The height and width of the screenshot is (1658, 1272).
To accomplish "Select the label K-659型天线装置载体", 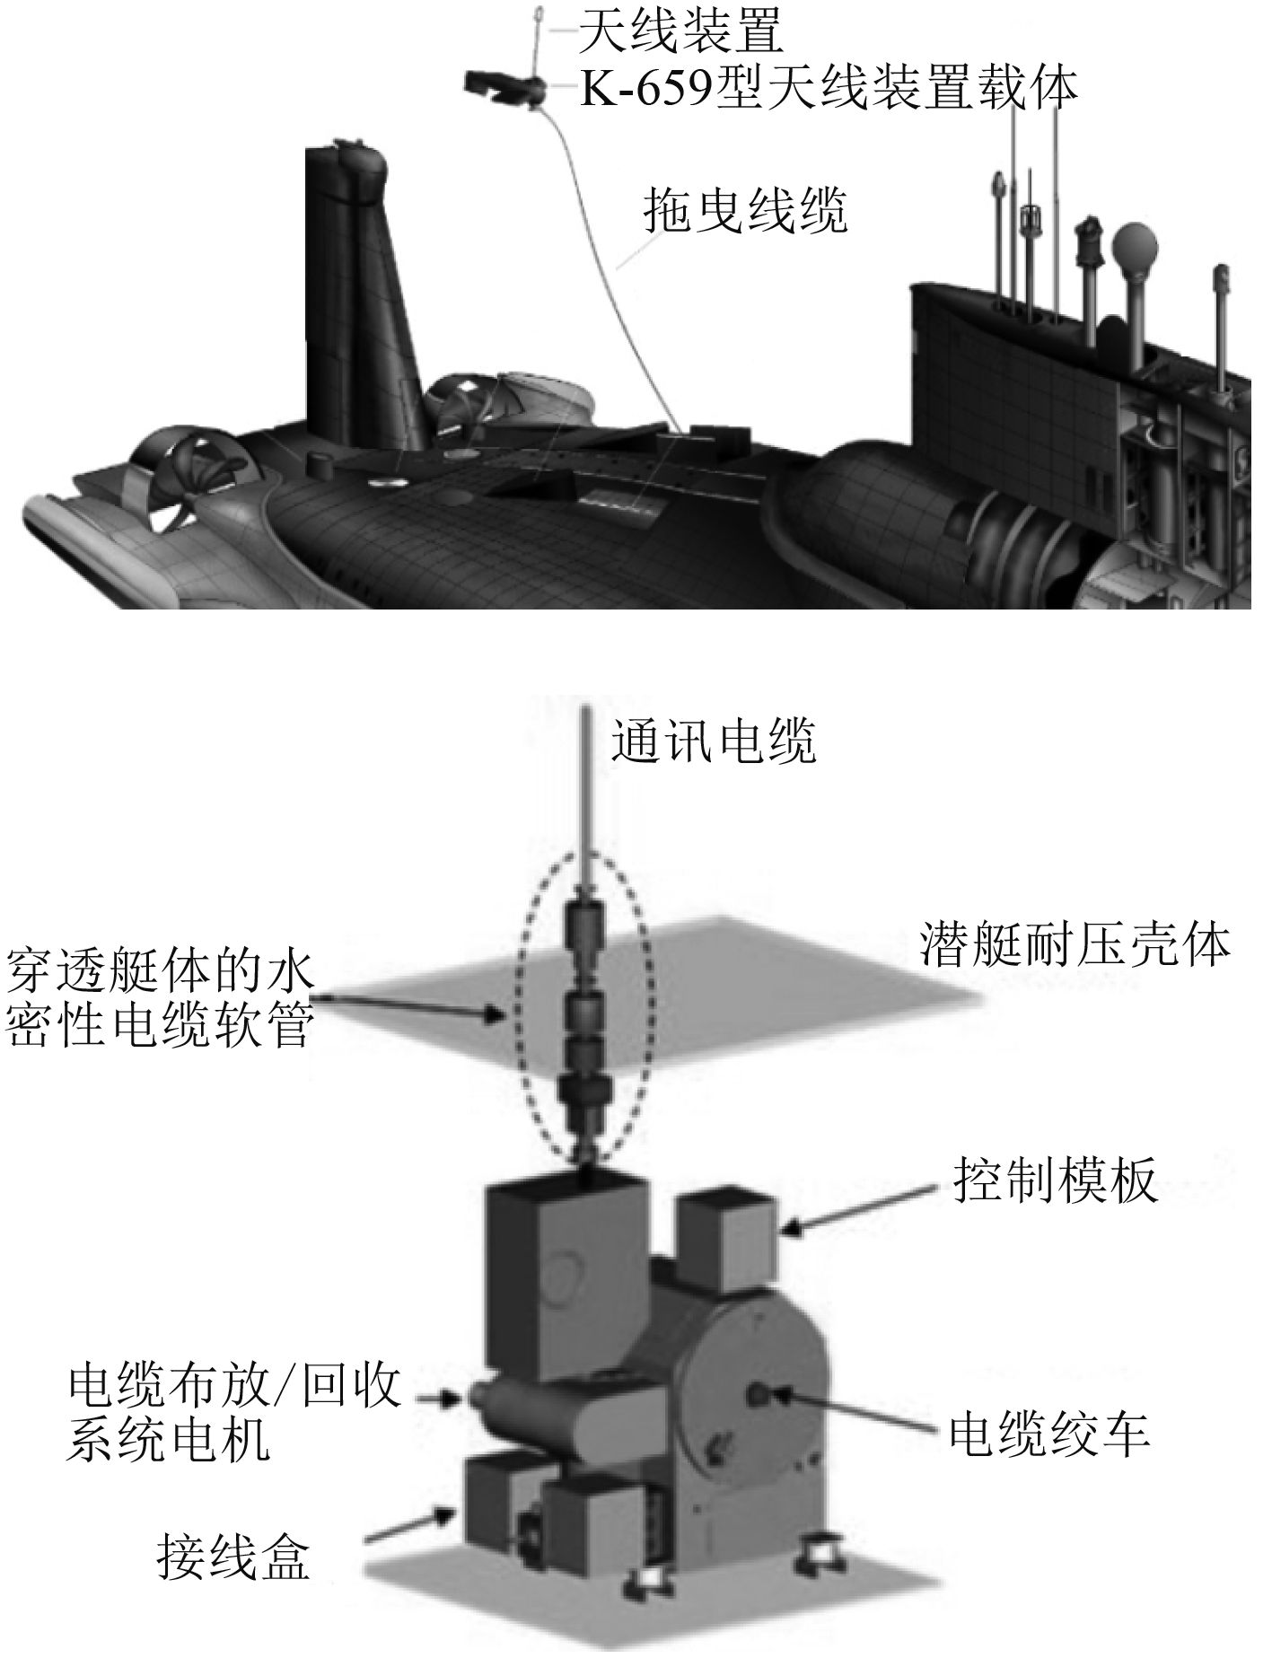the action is click(x=828, y=88).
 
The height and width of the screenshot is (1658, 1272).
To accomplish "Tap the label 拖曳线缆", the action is click(x=745, y=211).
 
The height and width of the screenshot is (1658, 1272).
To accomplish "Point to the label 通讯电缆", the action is click(x=714, y=741).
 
